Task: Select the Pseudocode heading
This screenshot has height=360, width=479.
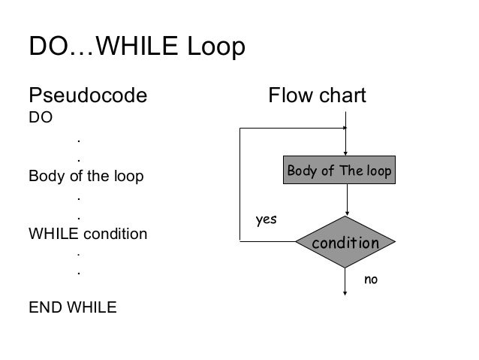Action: pyautogui.click(x=87, y=96)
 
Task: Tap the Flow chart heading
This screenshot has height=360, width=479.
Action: pyautogui.click(x=318, y=96)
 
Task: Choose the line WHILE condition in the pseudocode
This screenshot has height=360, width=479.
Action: pyautogui.click(x=88, y=234)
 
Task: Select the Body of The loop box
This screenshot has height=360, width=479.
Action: pyautogui.click(x=339, y=171)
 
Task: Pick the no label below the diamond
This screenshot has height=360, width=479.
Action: pyautogui.click(x=371, y=280)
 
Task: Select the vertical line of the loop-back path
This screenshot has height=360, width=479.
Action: pyautogui.click(x=239, y=184)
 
